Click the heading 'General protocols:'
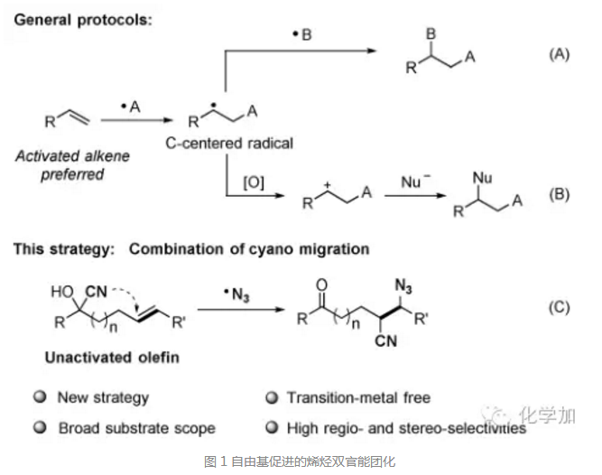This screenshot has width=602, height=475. point(82,20)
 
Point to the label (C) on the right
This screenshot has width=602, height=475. point(560,307)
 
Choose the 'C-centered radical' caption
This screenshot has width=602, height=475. point(229,143)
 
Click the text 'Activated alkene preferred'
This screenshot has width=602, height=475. point(72,165)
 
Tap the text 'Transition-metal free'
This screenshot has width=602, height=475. point(358,397)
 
